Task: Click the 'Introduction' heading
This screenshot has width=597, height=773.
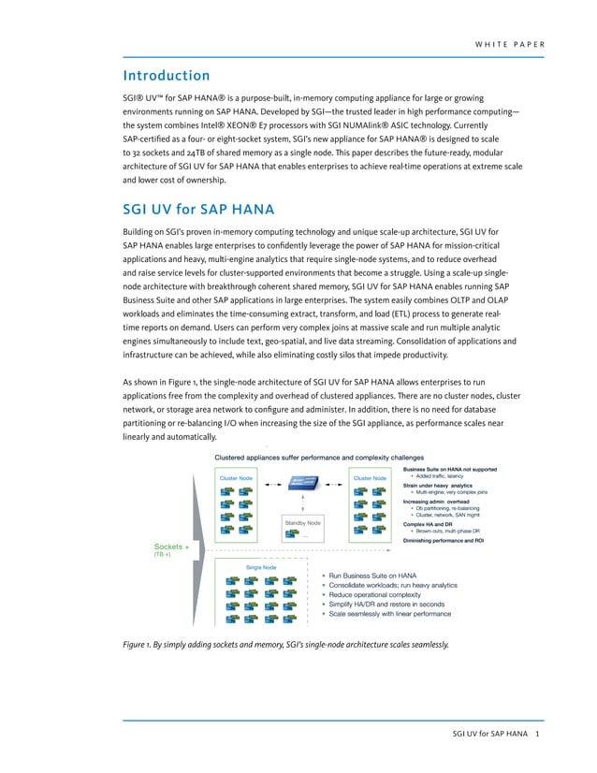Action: click(167, 75)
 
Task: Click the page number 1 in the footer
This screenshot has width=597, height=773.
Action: click(537, 733)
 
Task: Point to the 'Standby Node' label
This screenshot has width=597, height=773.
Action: click(301, 522)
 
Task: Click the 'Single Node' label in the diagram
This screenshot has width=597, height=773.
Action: click(260, 567)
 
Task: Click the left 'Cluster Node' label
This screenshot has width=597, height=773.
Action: click(236, 478)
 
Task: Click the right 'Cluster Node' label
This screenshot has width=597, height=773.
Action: click(370, 478)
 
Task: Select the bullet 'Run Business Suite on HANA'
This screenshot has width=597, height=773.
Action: click(371, 576)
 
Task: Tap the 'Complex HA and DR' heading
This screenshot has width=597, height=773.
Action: click(428, 524)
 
